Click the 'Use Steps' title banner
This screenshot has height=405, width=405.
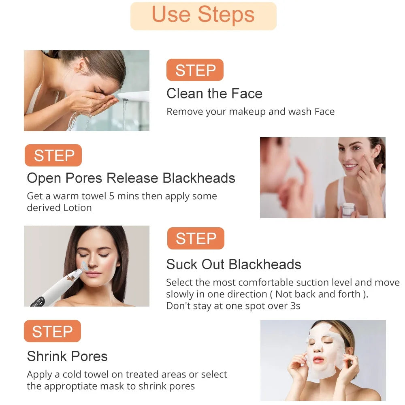(x=203, y=16)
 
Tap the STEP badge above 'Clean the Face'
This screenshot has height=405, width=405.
(x=195, y=70)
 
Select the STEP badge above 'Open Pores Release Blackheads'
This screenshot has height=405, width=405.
(x=53, y=155)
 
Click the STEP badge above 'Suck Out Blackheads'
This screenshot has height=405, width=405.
(x=196, y=238)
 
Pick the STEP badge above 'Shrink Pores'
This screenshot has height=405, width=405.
(x=52, y=331)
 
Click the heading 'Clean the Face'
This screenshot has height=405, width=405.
(x=214, y=93)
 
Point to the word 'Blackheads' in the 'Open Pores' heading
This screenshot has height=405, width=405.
(x=199, y=178)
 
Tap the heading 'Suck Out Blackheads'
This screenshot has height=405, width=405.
(x=234, y=264)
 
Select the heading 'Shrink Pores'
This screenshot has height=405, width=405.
(x=67, y=356)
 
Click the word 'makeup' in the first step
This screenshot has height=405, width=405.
(x=247, y=112)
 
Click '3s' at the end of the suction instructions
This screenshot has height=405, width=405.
(x=295, y=306)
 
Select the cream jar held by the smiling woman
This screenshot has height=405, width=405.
(x=348, y=209)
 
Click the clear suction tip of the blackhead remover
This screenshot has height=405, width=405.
(x=84, y=266)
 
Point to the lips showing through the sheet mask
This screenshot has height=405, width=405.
(x=318, y=360)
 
